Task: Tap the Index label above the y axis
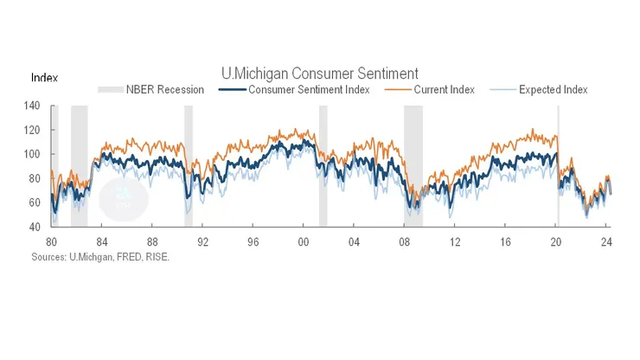pos(44,78)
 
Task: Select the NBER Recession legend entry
pos(150,89)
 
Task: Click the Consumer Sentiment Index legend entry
pos(297,89)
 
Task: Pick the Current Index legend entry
pos(436,89)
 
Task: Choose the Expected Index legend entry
pos(546,89)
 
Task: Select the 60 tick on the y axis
pos(35,202)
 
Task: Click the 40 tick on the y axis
pos(35,227)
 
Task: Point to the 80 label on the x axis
pos(51,241)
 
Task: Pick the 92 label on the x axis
pos(202,241)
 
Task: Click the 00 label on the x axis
pos(304,241)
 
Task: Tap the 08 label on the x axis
pos(404,241)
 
